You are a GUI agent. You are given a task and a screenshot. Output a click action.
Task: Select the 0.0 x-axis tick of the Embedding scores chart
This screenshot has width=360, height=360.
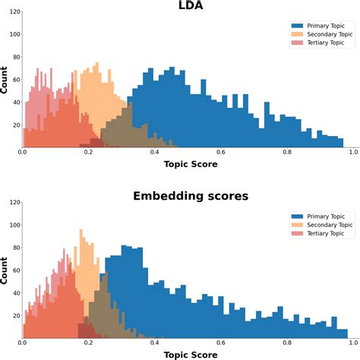(23, 343)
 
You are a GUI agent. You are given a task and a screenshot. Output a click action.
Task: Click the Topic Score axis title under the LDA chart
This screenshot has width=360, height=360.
(190, 164)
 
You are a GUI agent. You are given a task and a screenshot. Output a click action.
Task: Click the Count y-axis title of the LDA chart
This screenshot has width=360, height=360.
(5, 79)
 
